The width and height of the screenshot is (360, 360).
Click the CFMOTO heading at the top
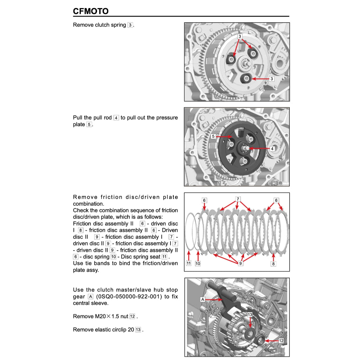click(x=91, y=11)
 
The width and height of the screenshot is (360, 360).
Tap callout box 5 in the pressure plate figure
click(x=213, y=136)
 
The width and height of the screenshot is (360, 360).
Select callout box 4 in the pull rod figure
click(x=272, y=149)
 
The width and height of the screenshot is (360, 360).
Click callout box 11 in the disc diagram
click(x=189, y=263)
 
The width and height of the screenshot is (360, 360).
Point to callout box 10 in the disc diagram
click(x=198, y=263)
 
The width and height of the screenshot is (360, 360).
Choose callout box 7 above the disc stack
click(x=238, y=199)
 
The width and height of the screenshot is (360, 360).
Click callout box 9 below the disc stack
click(x=240, y=263)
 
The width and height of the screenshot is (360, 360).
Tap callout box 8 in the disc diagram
click(x=273, y=263)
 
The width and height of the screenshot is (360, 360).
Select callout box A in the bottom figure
click(x=202, y=299)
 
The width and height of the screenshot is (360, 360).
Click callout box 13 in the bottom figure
click(x=250, y=314)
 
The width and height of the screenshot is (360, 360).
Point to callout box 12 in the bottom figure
click(x=281, y=341)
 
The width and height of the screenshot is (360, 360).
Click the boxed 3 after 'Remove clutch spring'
click(x=130, y=25)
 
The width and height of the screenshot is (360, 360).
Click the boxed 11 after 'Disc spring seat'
click(x=164, y=257)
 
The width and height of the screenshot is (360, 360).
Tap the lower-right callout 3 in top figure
click(x=271, y=79)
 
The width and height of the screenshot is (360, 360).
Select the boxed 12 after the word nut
click(x=132, y=316)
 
